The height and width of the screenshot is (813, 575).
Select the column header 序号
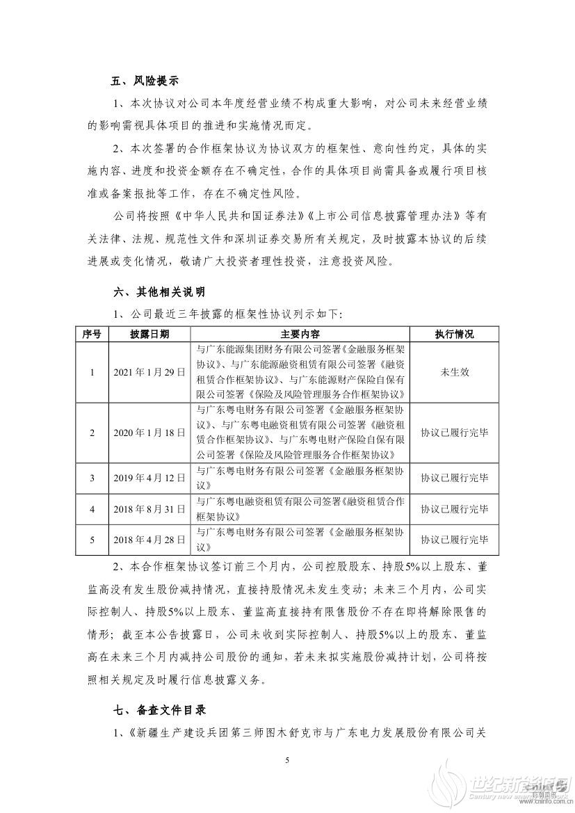coord(92,335)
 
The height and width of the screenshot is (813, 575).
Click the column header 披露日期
coord(149,335)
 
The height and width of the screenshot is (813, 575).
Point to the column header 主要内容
coord(300,335)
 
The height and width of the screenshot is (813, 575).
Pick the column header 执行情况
coord(454,335)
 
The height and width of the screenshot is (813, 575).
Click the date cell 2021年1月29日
coord(149,372)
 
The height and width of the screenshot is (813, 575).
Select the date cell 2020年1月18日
coord(149,432)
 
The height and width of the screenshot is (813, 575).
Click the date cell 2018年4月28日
coord(149,539)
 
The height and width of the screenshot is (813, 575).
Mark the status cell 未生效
coord(454,372)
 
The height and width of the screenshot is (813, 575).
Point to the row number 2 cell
coord(92,432)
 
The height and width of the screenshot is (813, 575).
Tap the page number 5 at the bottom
coord(286,761)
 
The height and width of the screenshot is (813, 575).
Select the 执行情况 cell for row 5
coord(454,539)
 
